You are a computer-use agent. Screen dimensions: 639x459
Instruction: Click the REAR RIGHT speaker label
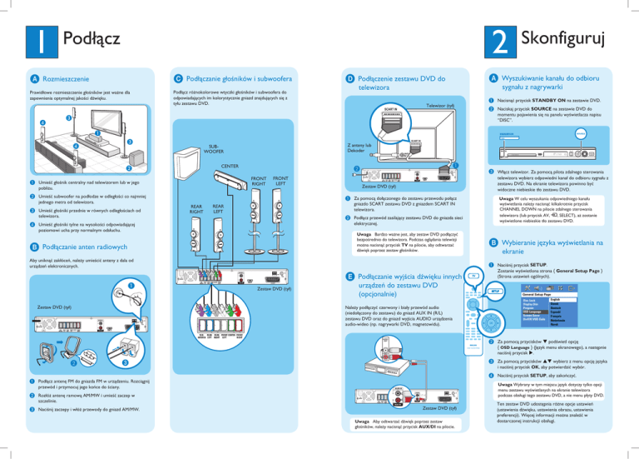(198, 210)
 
